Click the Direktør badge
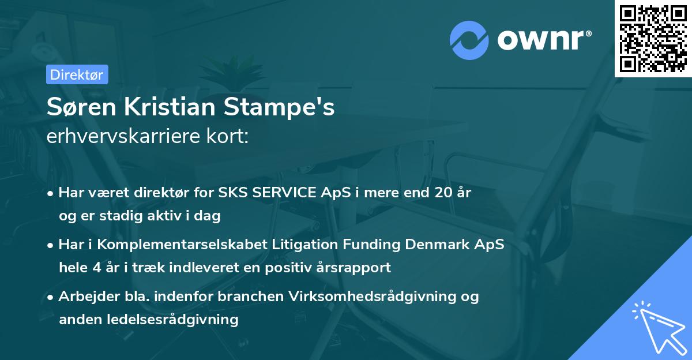[77, 74]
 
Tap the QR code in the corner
[653, 38]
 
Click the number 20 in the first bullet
[438, 193]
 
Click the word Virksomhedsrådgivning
[379, 297]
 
